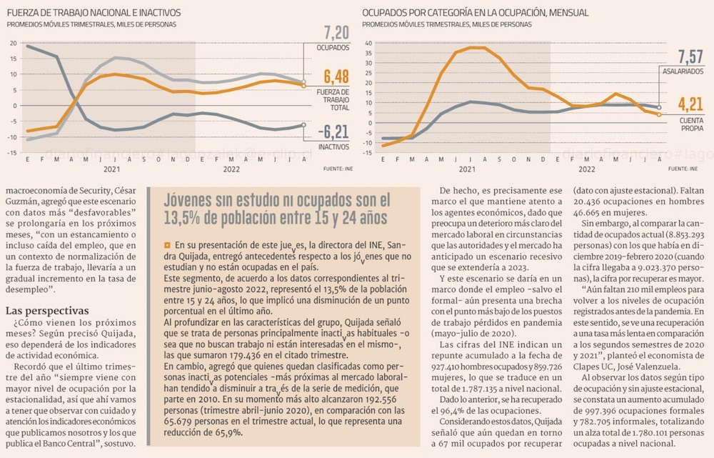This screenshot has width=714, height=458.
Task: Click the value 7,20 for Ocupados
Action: pos(336,32)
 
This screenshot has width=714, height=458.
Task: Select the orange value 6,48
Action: pos(336,77)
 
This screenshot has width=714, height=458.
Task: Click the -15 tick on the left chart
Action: pos(12,153)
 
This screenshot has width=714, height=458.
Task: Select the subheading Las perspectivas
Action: pos(47,311)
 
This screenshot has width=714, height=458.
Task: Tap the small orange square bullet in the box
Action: pos(167,245)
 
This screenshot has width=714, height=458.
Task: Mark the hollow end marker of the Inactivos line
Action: pos(304,124)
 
